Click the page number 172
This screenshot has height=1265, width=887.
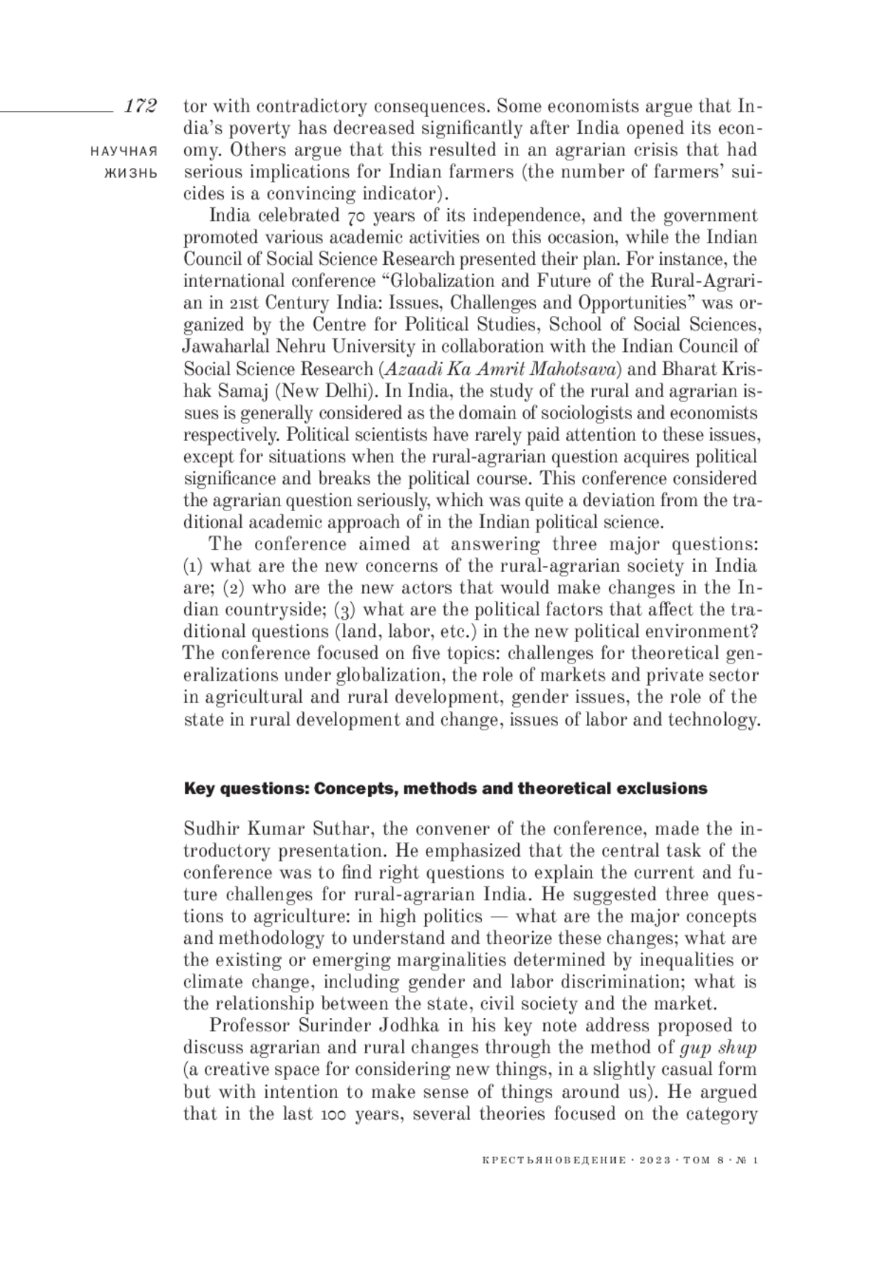pyautogui.click(x=140, y=106)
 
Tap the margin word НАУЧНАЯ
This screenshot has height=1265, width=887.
pyautogui.click(x=123, y=151)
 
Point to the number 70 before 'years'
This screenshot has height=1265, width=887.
pyautogui.click(x=356, y=217)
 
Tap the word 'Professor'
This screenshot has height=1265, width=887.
pyautogui.click(x=249, y=1026)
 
